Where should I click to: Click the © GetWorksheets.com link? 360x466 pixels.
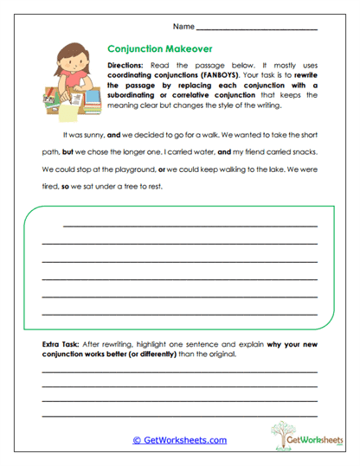[x=179, y=440]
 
